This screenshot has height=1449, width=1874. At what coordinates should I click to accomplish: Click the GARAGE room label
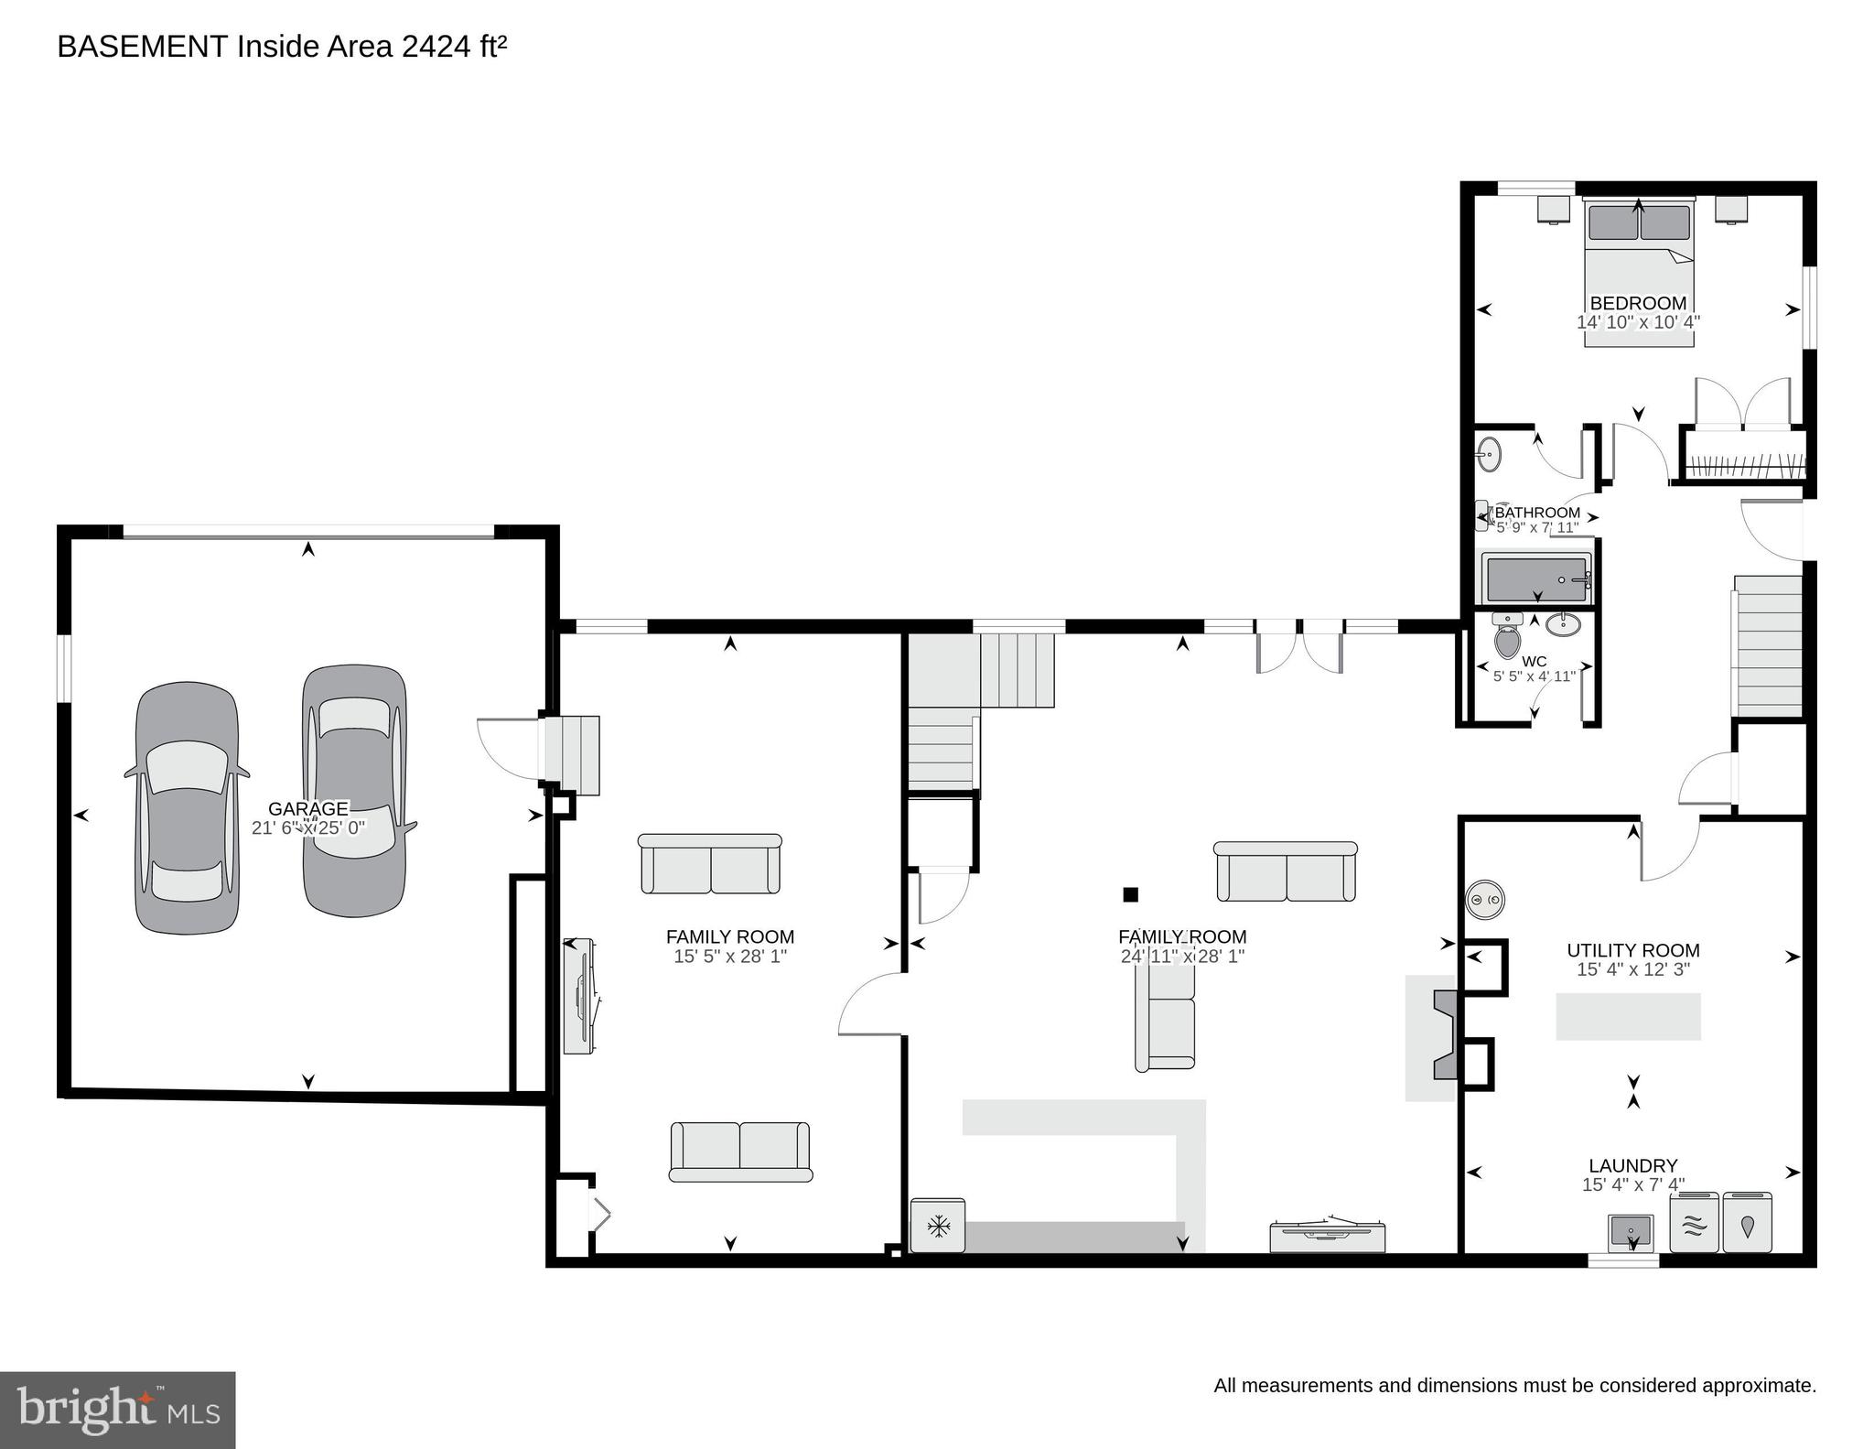tap(308, 808)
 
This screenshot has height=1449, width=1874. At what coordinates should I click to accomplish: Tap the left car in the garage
tap(188, 808)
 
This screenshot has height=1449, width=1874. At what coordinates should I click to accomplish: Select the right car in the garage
tap(354, 790)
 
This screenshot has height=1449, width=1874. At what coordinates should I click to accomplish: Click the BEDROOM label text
tap(1638, 303)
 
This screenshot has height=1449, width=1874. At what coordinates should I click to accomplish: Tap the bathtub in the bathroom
tap(1536, 580)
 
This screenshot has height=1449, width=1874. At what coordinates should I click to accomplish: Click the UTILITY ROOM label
tap(1633, 950)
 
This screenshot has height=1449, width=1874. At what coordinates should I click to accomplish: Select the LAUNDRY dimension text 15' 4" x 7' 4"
tap(1633, 1184)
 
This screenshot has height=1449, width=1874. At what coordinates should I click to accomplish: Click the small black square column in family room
tap(1131, 894)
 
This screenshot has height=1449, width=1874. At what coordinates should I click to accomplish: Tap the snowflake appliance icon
tap(938, 1226)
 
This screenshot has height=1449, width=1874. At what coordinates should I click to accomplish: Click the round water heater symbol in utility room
tap(1485, 901)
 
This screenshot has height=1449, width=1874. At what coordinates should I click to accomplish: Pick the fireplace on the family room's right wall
tap(1443, 1035)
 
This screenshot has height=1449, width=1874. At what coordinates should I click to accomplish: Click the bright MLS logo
tap(118, 1409)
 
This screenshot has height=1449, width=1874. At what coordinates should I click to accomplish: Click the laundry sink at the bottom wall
tap(1631, 1231)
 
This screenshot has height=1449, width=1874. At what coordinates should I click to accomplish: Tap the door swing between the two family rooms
tap(871, 1004)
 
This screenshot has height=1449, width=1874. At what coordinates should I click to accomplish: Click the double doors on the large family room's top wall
tap(1300, 644)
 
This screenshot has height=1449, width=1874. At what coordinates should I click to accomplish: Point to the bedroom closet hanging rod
tap(1745, 465)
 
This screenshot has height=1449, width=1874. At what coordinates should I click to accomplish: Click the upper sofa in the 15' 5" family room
tap(710, 864)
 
